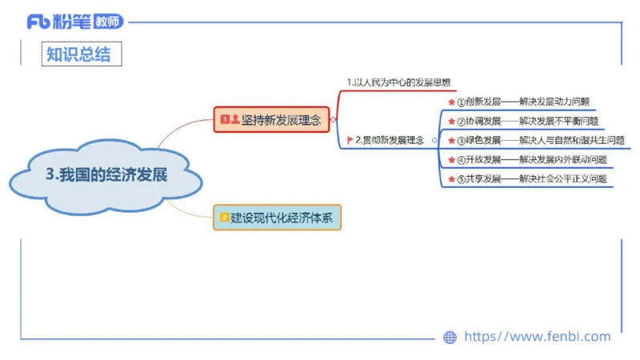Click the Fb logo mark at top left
pyautogui.click(x=38, y=22)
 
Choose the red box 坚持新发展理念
pyautogui.click(x=273, y=120)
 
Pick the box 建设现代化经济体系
pyautogui.click(x=277, y=217)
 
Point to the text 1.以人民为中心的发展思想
pyautogui.click(x=398, y=82)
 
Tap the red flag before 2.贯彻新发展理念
pyautogui.click(x=350, y=140)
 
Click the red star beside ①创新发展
pyautogui.click(x=450, y=102)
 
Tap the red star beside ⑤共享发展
pyautogui.click(x=450, y=179)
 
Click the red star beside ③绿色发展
pyautogui.click(x=450, y=141)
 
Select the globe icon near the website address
pyautogui.click(x=450, y=337)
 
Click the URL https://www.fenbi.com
pyautogui.click(x=537, y=337)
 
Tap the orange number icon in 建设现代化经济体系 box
pyautogui.click(x=225, y=217)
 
